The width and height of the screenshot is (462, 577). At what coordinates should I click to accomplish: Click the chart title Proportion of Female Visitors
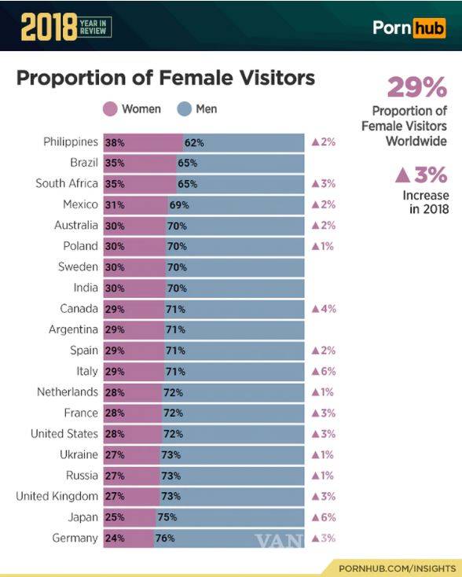[x=166, y=79]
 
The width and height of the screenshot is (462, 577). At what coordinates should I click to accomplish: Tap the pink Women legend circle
[x=111, y=109]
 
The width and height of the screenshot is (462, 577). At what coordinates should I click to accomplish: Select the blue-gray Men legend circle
[x=186, y=109]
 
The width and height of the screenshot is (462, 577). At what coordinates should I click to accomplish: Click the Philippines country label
[x=71, y=142]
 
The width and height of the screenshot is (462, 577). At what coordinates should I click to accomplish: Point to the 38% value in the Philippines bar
[x=115, y=143]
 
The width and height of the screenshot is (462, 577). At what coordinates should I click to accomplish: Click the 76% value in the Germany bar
[x=165, y=538]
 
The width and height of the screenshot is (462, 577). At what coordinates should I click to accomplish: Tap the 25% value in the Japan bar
[x=115, y=518]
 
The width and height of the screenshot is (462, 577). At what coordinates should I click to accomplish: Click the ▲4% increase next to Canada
[x=324, y=309]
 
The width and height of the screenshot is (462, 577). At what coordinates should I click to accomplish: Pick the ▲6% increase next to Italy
[x=324, y=371]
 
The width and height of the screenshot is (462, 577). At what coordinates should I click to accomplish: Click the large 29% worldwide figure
[x=416, y=87]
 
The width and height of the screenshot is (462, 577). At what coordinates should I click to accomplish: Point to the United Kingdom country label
[x=57, y=496]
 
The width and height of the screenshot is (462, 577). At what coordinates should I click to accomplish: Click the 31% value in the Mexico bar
[x=115, y=205]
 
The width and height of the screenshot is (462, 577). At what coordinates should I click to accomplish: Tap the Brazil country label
[x=83, y=163]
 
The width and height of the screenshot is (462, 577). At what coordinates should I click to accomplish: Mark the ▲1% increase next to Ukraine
[x=324, y=454]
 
